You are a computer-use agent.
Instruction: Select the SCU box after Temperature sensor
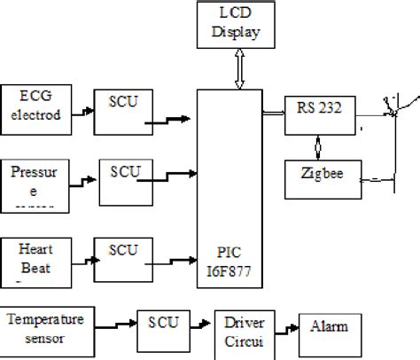click(161, 325)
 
